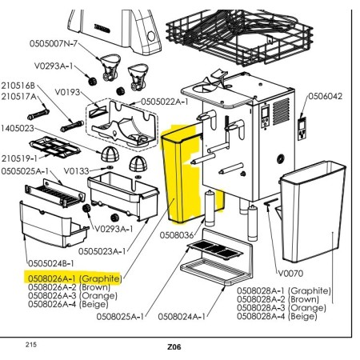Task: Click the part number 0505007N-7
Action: (x=54, y=43)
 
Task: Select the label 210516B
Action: (x=18, y=86)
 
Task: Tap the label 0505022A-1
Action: (x=165, y=102)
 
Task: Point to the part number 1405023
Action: (x=18, y=128)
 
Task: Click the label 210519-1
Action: (x=19, y=158)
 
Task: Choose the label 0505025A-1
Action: (x=25, y=171)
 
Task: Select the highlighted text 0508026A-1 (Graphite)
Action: (x=75, y=278)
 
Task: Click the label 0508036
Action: (x=177, y=235)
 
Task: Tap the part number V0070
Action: (x=290, y=274)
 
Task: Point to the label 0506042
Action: (x=326, y=96)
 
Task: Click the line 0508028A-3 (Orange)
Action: (x=282, y=308)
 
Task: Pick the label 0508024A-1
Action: (x=182, y=317)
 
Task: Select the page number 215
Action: (x=31, y=345)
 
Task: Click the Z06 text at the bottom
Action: (x=174, y=347)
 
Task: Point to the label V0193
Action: (x=67, y=92)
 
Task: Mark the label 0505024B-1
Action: (x=51, y=263)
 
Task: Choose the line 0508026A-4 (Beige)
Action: (x=68, y=304)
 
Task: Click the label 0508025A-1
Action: (x=120, y=317)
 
